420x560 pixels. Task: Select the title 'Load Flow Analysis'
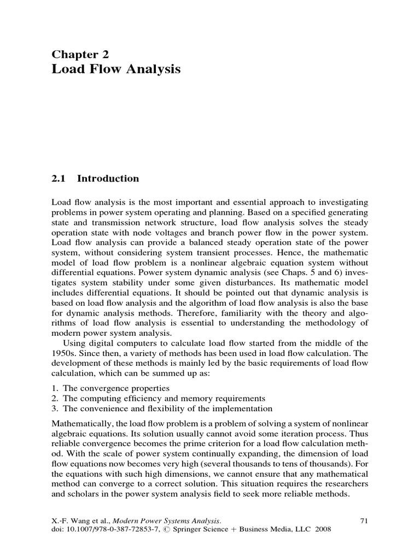point(115,69)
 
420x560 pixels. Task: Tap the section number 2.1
point(59,178)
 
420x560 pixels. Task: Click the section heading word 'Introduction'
point(108,178)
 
